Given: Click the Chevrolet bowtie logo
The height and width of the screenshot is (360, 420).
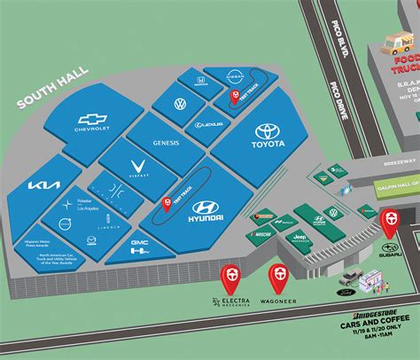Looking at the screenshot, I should click(92, 119).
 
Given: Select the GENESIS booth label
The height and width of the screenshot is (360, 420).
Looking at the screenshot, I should click(165, 142).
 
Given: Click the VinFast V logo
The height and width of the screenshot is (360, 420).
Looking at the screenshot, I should click(138, 165).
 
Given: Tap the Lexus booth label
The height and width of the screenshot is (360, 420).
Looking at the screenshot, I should click(210, 125).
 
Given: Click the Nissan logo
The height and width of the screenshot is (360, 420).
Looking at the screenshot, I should click(235, 78).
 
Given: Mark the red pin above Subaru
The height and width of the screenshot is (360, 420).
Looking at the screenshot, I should click(388, 218).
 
